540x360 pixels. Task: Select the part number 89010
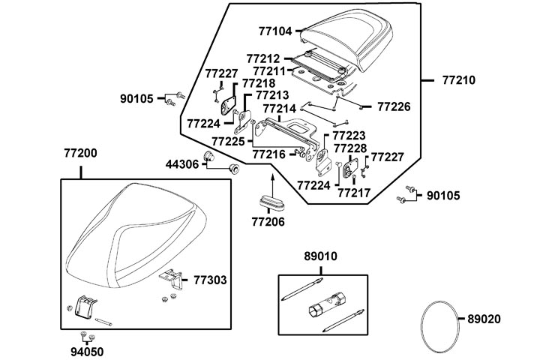(x=320, y=256)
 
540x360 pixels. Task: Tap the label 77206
(x=268, y=222)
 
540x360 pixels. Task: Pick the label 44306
(x=183, y=163)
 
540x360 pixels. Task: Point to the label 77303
(x=211, y=279)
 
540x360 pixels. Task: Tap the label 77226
(x=393, y=106)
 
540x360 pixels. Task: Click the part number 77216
(x=269, y=154)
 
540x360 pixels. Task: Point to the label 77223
(x=349, y=135)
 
